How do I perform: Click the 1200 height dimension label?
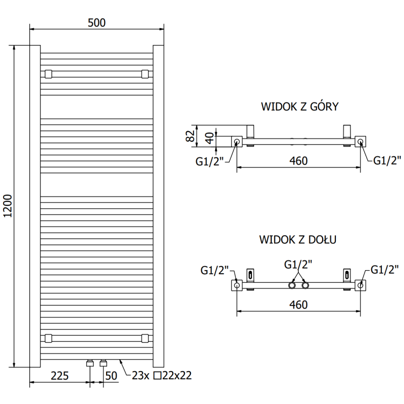(x=7, y=206)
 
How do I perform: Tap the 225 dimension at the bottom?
(x=60, y=376)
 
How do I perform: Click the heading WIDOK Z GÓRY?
(x=299, y=107)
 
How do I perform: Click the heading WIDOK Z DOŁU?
(x=298, y=239)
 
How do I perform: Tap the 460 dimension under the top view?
(x=298, y=161)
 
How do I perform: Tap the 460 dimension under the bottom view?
(x=298, y=305)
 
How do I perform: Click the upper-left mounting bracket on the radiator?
(x=48, y=74)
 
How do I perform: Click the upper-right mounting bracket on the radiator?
(x=145, y=74)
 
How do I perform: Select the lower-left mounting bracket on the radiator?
(x=48, y=338)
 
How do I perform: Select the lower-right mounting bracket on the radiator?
(x=145, y=338)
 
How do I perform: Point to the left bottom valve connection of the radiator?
(x=90, y=363)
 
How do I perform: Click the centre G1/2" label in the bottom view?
(x=298, y=264)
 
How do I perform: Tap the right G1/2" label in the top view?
(x=387, y=161)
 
